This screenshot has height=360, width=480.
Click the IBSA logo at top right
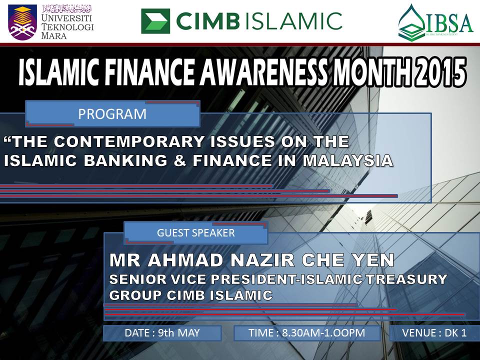click(x=435, y=22)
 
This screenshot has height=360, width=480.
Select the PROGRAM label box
click(x=112, y=114)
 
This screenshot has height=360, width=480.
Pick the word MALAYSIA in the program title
click(x=357, y=161)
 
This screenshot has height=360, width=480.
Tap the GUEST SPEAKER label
click(x=195, y=232)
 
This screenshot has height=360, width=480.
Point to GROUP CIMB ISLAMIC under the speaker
click(x=190, y=295)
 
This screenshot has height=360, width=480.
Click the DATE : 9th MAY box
click(x=162, y=333)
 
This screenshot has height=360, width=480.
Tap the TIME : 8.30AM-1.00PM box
click(x=306, y=333)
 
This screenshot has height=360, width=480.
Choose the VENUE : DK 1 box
click(x=434, y=333)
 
